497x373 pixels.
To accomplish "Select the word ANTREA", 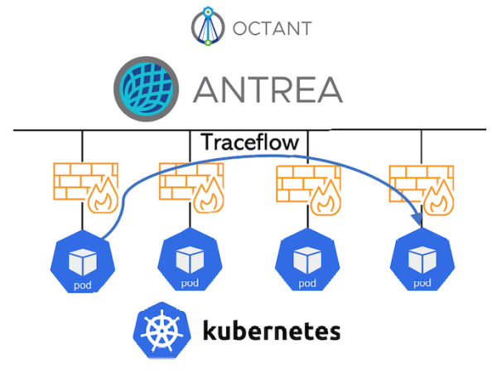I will coord(268,88).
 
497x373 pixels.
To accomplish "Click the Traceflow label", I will coord(249,143).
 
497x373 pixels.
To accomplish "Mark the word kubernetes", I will coord(271,332).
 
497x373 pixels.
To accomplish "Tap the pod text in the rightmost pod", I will coord(422,284).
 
